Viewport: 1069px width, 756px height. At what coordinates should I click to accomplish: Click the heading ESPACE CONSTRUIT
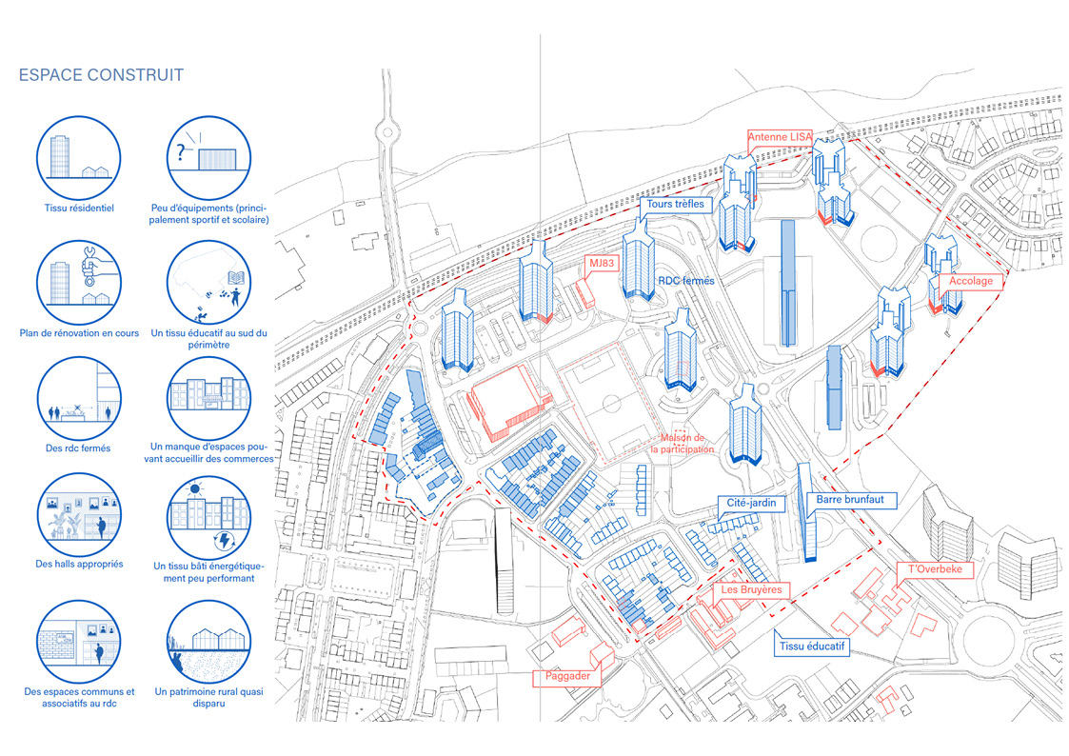tap(101, 75)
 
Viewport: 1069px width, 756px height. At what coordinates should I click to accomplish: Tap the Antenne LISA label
tap(780, 138)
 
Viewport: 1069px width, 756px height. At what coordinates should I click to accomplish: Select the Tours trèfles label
tap(675, 205)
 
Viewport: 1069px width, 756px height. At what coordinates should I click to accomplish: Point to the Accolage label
tap(971, 281)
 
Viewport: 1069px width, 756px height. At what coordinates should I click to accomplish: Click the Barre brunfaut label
tap(850, 499)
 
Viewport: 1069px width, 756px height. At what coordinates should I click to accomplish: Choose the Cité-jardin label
tap(747, 502)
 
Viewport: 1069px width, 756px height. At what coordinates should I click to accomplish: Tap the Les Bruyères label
tap(751, 590)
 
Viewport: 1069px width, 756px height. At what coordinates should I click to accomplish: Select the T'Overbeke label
tap(936, 569)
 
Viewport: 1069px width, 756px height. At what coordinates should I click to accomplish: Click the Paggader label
tap(567, 676)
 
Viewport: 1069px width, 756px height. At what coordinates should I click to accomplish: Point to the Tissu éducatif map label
tap(813, 647)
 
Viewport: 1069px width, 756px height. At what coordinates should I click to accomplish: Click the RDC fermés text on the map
tap(685, 281)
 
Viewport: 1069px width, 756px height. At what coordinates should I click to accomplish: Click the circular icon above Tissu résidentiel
tap(79, 154)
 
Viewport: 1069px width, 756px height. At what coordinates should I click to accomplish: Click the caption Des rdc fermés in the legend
tap(79, 448)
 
